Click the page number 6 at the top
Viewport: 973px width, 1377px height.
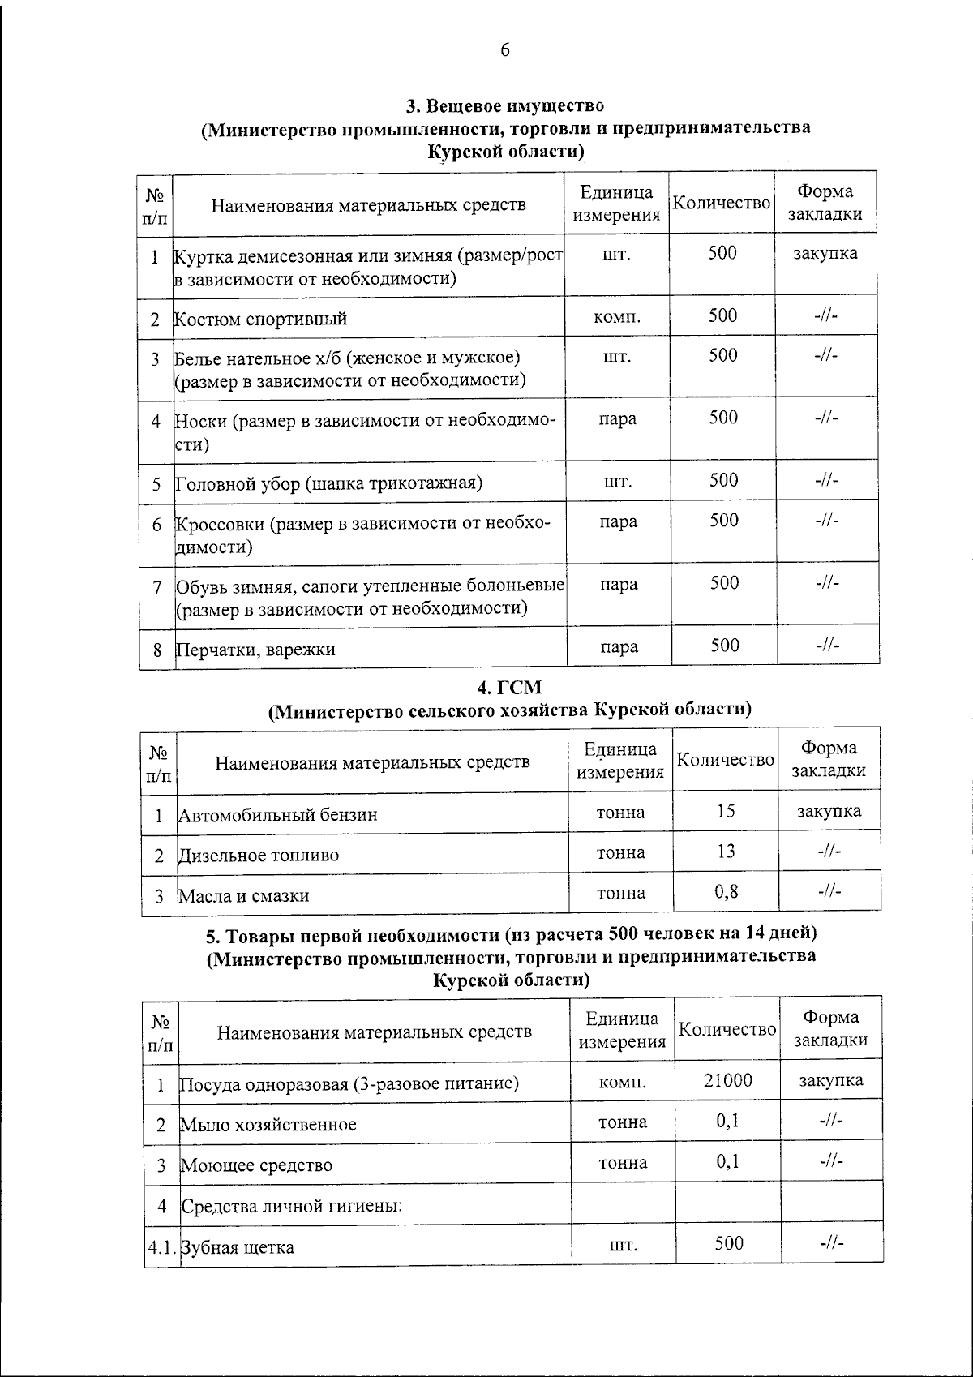click(x=504, y=50)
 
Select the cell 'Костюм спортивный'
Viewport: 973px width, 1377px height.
click(x=261, y=319)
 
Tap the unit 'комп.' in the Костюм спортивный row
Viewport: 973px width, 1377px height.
click(x=617, y=317)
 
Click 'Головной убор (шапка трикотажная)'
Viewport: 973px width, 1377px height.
click(x=329, y=484)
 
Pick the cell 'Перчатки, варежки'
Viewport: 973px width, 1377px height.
click(x=256, y=650)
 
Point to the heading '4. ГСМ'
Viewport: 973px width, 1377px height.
click(x=508, y=688)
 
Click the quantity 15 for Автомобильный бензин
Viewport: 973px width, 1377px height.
click(x=726, y=811)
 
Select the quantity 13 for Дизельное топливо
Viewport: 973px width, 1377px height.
click(x=726, y=852)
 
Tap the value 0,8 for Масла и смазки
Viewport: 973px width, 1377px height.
click(x=726, y=892)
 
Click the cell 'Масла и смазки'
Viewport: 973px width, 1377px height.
click(x=244, y=896)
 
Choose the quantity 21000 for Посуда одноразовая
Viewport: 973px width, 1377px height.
click(x=727, y=1080)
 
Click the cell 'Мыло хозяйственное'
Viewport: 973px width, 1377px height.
click(x=268, y=1125)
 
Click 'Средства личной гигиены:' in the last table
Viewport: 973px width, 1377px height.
click(x=292, y=1206)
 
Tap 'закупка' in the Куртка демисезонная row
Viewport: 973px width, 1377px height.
click(x=825, y=253)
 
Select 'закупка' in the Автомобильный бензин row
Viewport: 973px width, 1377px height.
click(x=829, y=811)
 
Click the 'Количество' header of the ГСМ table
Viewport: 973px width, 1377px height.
click(x=726, y=760)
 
